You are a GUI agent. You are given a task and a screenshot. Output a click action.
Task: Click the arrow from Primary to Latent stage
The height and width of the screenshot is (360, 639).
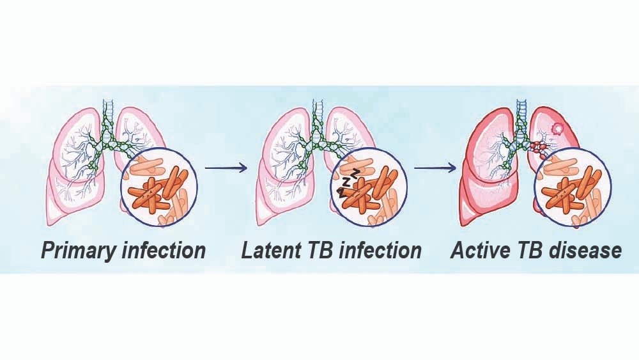coord(225,168)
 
